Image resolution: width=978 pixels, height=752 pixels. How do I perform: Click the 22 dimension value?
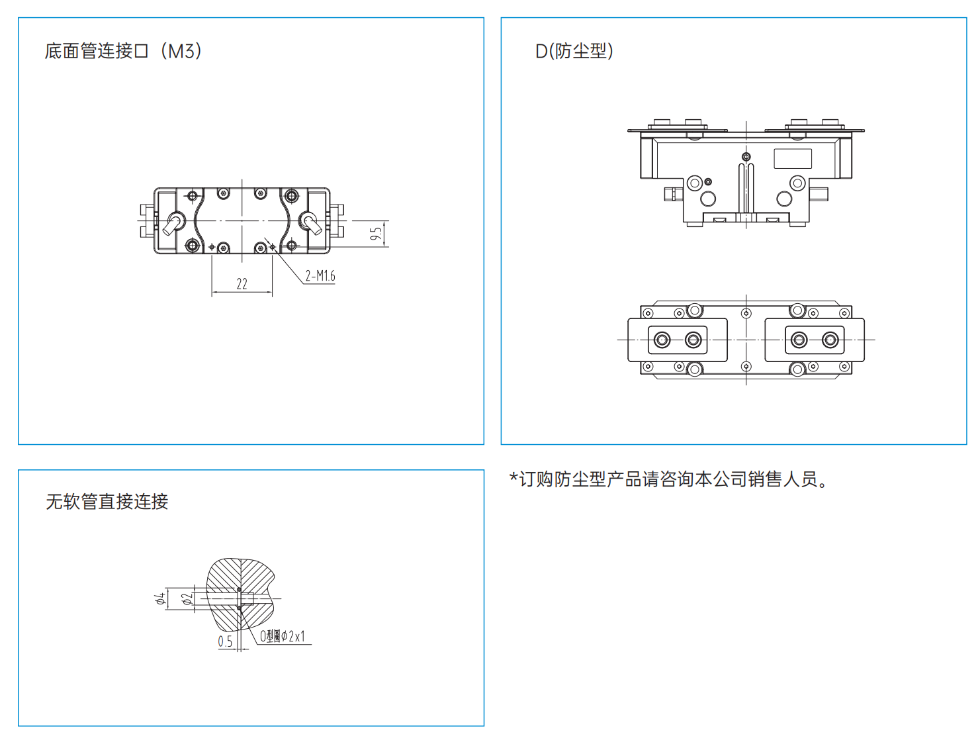pos(242,284)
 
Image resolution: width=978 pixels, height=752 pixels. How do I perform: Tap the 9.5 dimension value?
pos(377,234)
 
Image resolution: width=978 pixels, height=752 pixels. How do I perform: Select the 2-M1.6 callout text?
pos(320,275)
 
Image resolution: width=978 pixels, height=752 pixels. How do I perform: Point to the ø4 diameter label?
pos(160,598)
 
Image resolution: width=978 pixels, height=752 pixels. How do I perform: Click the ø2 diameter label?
pos(187,598)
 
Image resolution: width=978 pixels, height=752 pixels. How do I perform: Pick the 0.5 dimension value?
pos(225,641)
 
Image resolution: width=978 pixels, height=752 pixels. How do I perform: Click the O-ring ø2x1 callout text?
pos(282,636)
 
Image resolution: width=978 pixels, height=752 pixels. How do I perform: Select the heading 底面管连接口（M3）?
pos(123,51)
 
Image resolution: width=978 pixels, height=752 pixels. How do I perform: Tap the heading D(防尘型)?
pos(574,51)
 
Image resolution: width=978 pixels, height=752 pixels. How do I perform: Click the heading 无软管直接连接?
pos(107,501)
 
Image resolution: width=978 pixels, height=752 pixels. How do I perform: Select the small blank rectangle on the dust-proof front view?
pos(793,158)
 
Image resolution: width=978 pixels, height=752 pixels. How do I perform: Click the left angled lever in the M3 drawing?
pos(173,224)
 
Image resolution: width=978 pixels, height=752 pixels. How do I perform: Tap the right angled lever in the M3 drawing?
pos(312,224)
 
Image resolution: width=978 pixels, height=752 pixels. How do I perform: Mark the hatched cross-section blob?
pos(240,594)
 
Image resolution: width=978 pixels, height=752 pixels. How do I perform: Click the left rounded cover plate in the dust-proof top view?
pos(678,340)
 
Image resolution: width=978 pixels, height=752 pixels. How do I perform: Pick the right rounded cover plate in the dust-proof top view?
pos(815,340)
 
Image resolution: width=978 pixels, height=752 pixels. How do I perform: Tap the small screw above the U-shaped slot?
pos(746,157)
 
